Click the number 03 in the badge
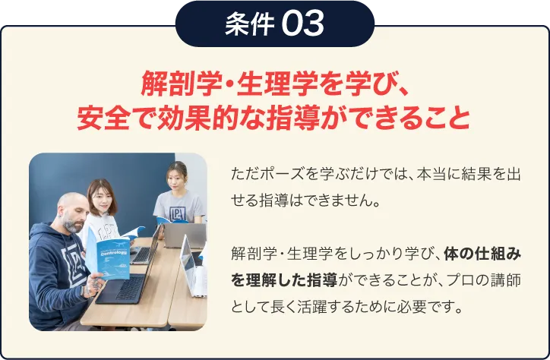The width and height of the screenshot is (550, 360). [302, 24]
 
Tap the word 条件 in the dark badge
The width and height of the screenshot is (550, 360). [249, 24]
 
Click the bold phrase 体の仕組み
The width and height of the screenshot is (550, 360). [482, 254]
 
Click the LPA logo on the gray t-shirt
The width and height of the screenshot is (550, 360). [178, 213]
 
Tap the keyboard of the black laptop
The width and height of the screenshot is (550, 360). [130, 288]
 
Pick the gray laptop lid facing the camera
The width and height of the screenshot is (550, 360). [185, 235]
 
